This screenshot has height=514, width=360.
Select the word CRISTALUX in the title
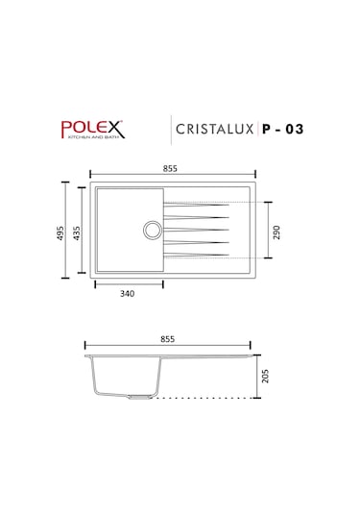(212, 129)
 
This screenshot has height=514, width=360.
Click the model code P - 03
(279, 129)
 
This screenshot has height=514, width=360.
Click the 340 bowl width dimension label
(128, 296)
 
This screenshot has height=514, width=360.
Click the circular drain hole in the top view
(152, 229)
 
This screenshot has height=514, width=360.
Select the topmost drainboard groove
(197, 204)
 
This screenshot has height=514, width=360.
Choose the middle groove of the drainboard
(197, 230)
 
